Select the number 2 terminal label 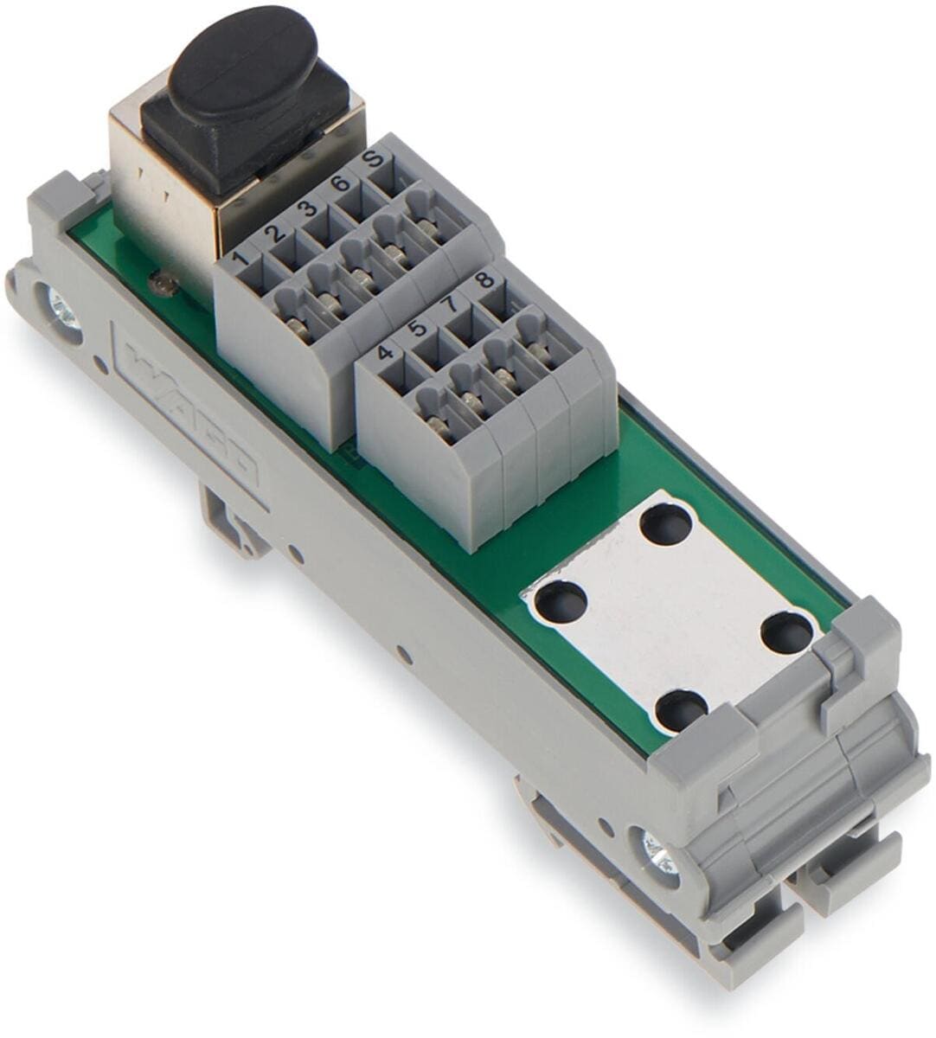(275, 233)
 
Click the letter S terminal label (374, 159)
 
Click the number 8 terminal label (484, 280)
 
